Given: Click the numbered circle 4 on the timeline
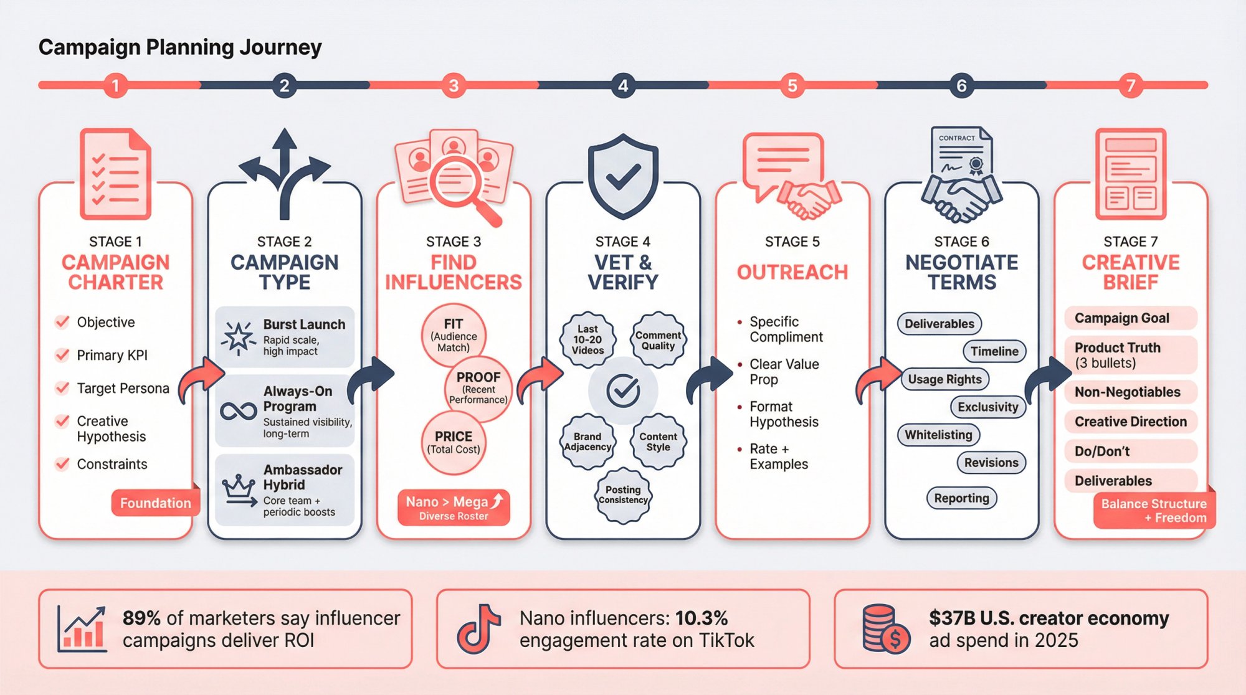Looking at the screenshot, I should pos(623,85).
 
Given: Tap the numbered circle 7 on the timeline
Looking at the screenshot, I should pos(1131,85).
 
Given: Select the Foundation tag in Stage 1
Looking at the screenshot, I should pos(155,503).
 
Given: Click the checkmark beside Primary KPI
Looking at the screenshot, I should pos(62,355).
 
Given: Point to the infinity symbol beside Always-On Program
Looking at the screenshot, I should pos(238,411).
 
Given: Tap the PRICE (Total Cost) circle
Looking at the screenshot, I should pos(453,442).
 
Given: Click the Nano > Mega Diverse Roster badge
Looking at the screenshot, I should pos(454,508).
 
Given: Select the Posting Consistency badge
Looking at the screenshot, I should pos(623,494).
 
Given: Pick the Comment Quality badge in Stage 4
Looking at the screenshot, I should pos(658,340).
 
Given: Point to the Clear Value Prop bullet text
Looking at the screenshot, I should pos(784,372).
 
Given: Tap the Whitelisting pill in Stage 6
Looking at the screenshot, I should pos(938,435).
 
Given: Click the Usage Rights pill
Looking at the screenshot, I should pos(944,379).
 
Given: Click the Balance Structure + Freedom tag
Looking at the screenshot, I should pos(1154,511).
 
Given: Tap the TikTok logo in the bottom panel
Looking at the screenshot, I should pos(478,628).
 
